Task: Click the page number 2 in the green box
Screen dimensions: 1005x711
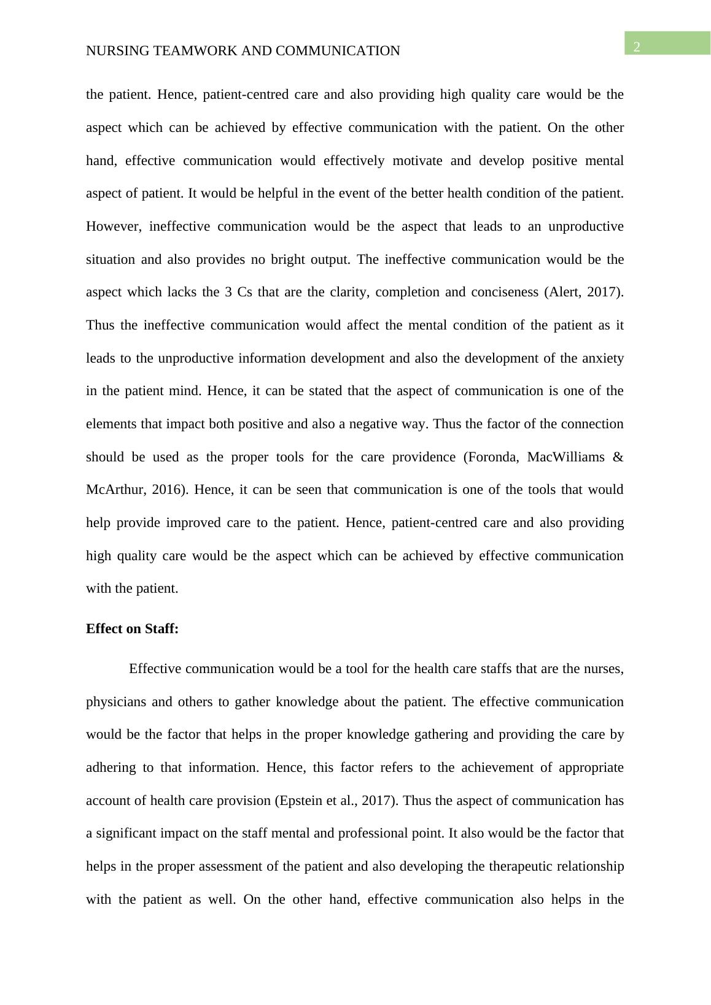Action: pos(637,47)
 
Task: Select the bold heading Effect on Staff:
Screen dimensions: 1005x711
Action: pos(132,629)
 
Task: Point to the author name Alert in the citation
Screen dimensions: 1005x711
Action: pos(564,292)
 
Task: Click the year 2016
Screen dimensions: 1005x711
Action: pos(171,490)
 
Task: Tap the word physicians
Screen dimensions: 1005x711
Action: pos(115,702)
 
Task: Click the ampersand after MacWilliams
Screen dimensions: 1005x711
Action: pos(618,457)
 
